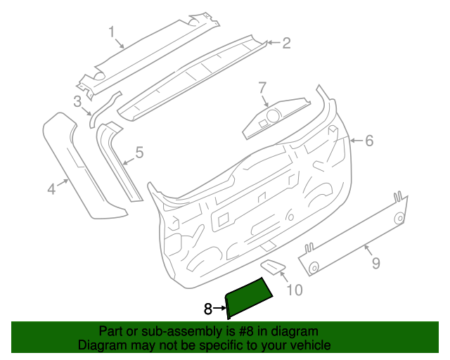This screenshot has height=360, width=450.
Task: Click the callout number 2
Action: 286,44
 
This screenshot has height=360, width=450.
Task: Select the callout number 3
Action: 77,101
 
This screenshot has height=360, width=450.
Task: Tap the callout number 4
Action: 51,188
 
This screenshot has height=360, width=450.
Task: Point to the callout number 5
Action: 139,152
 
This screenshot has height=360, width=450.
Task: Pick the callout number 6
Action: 369,141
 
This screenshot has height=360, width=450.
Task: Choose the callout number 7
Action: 262,88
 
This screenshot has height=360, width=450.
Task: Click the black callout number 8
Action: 207,309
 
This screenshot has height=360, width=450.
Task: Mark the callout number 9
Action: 375,263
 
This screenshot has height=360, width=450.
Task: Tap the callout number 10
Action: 295,289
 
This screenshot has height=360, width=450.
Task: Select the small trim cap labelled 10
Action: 272,266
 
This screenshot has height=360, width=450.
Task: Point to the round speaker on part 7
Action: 271,115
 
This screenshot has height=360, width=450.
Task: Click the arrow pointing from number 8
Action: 219,309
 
